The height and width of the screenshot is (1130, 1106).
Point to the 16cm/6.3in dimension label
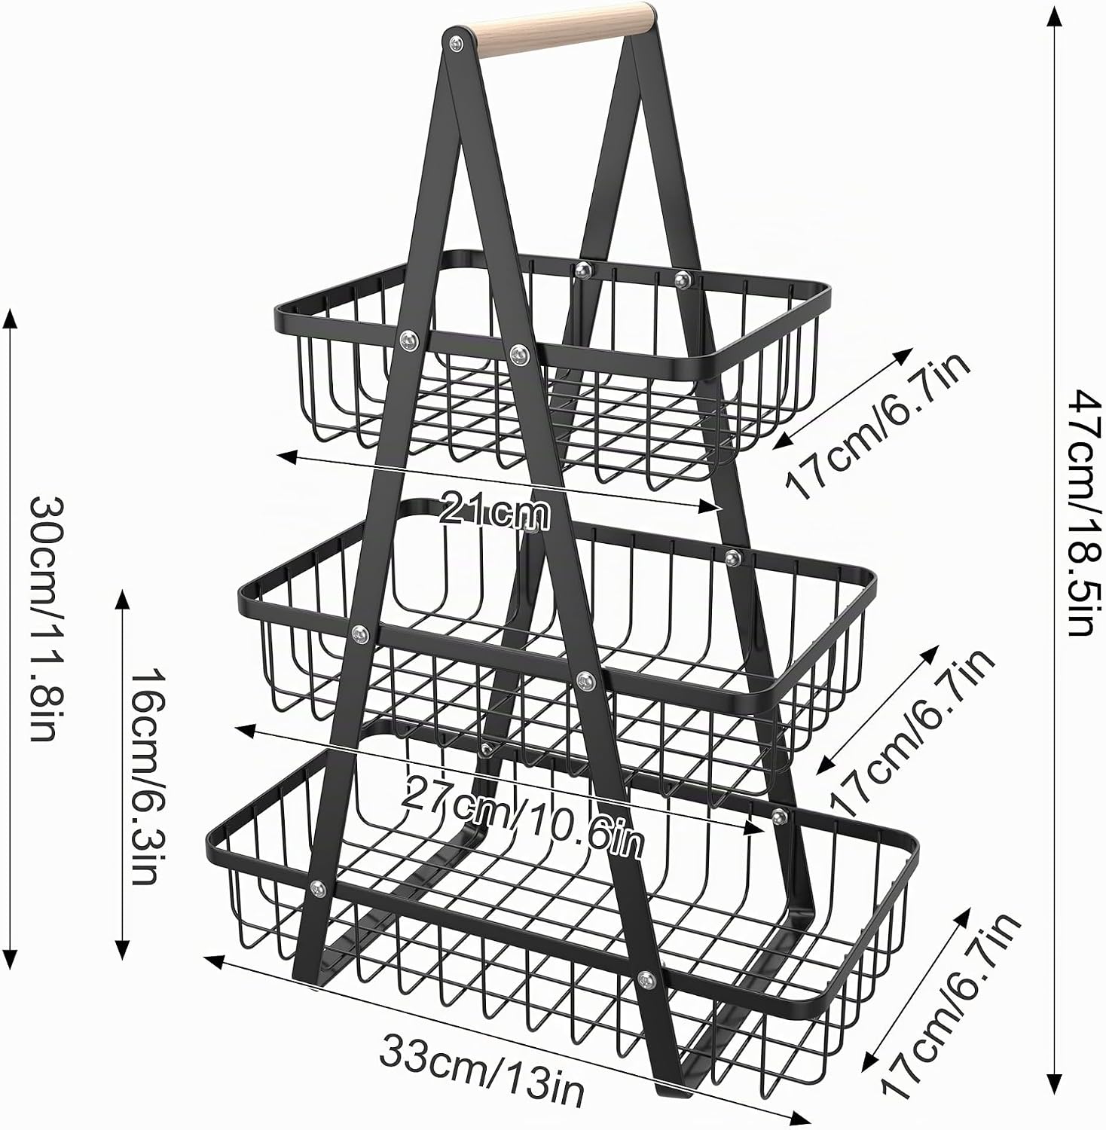click(x=145, y=776)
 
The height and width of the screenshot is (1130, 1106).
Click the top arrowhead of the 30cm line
click(x=10, y=319)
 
